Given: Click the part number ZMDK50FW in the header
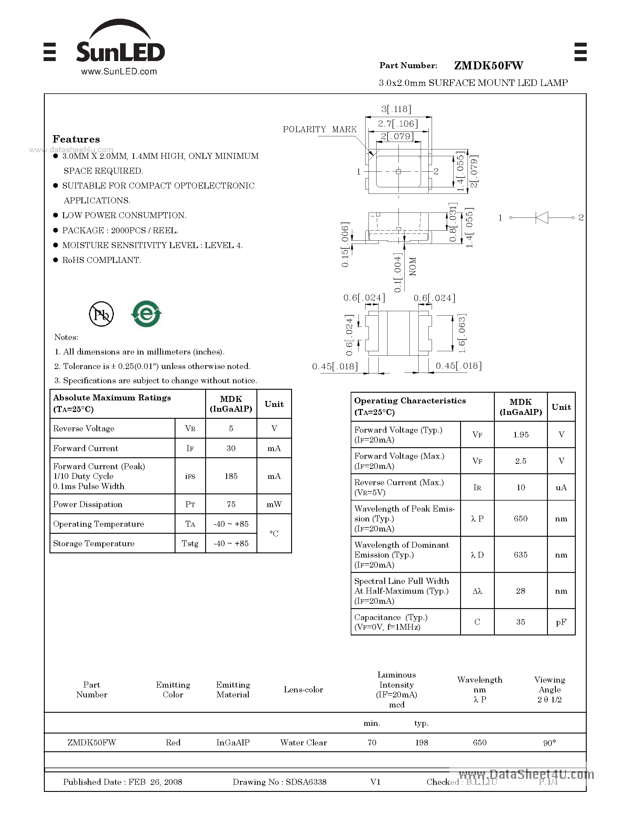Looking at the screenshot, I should pyautogui.click(x=488, y=66).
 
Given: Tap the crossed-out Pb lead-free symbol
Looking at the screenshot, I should pyautogui.click(x=101, y=314).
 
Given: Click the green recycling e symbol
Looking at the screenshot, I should pyautogui.click(x=146, y=314).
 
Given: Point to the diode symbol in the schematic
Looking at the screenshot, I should pyautogui.click(x=542, y=218).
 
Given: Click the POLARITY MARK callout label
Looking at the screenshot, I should pyautogui.click(x=320, y=130).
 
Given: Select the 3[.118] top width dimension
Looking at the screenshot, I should pyautogui.click(x=396, y=109).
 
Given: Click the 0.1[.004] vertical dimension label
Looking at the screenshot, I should pyautogui.click(x=398, y=273).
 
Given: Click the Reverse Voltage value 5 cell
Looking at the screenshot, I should pyautogui.click(x=231, y=429).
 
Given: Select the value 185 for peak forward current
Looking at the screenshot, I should pyautogui.click(x=231, y=476).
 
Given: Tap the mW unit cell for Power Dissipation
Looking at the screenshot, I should pyautogui.click(x=274, y=504).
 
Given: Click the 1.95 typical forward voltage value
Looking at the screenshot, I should pyautogui.click(x=520, y=435).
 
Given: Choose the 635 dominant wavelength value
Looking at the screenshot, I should pyautogui.click(x=520, y=554).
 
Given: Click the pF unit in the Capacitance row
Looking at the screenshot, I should pyautogui.click(x=561, y=622).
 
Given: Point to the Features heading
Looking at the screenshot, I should pyautogui.click(x=76, y=139).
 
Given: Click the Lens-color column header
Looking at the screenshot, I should pyautogui.click(x=303, y=690).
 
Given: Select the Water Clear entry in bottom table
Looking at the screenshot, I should pyautogui.click(x=303, y=743).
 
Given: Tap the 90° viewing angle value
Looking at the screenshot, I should pyautogui.click(x=549, y=743).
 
